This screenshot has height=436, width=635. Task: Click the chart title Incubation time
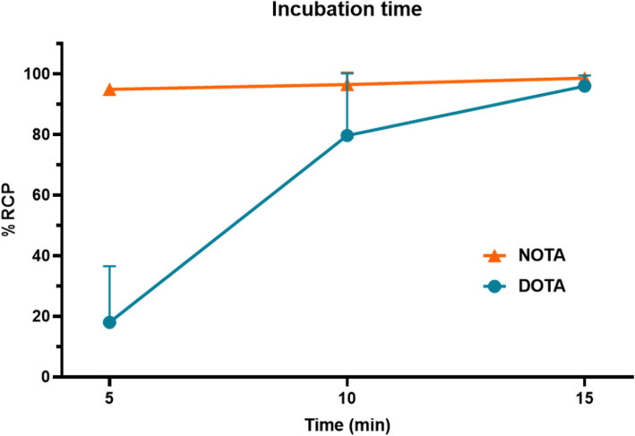(x=347, y=11)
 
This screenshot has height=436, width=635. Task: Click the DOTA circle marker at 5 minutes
(x=109, y=322)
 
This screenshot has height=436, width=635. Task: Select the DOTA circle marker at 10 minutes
(x=347, y=136)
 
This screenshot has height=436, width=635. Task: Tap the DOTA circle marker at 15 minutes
(x=584, y=86)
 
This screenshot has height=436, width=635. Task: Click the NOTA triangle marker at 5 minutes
(x=109, y=90)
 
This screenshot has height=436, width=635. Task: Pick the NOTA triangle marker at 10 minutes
(x=347, y=84)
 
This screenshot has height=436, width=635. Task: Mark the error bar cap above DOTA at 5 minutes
(x=109, y=266)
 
